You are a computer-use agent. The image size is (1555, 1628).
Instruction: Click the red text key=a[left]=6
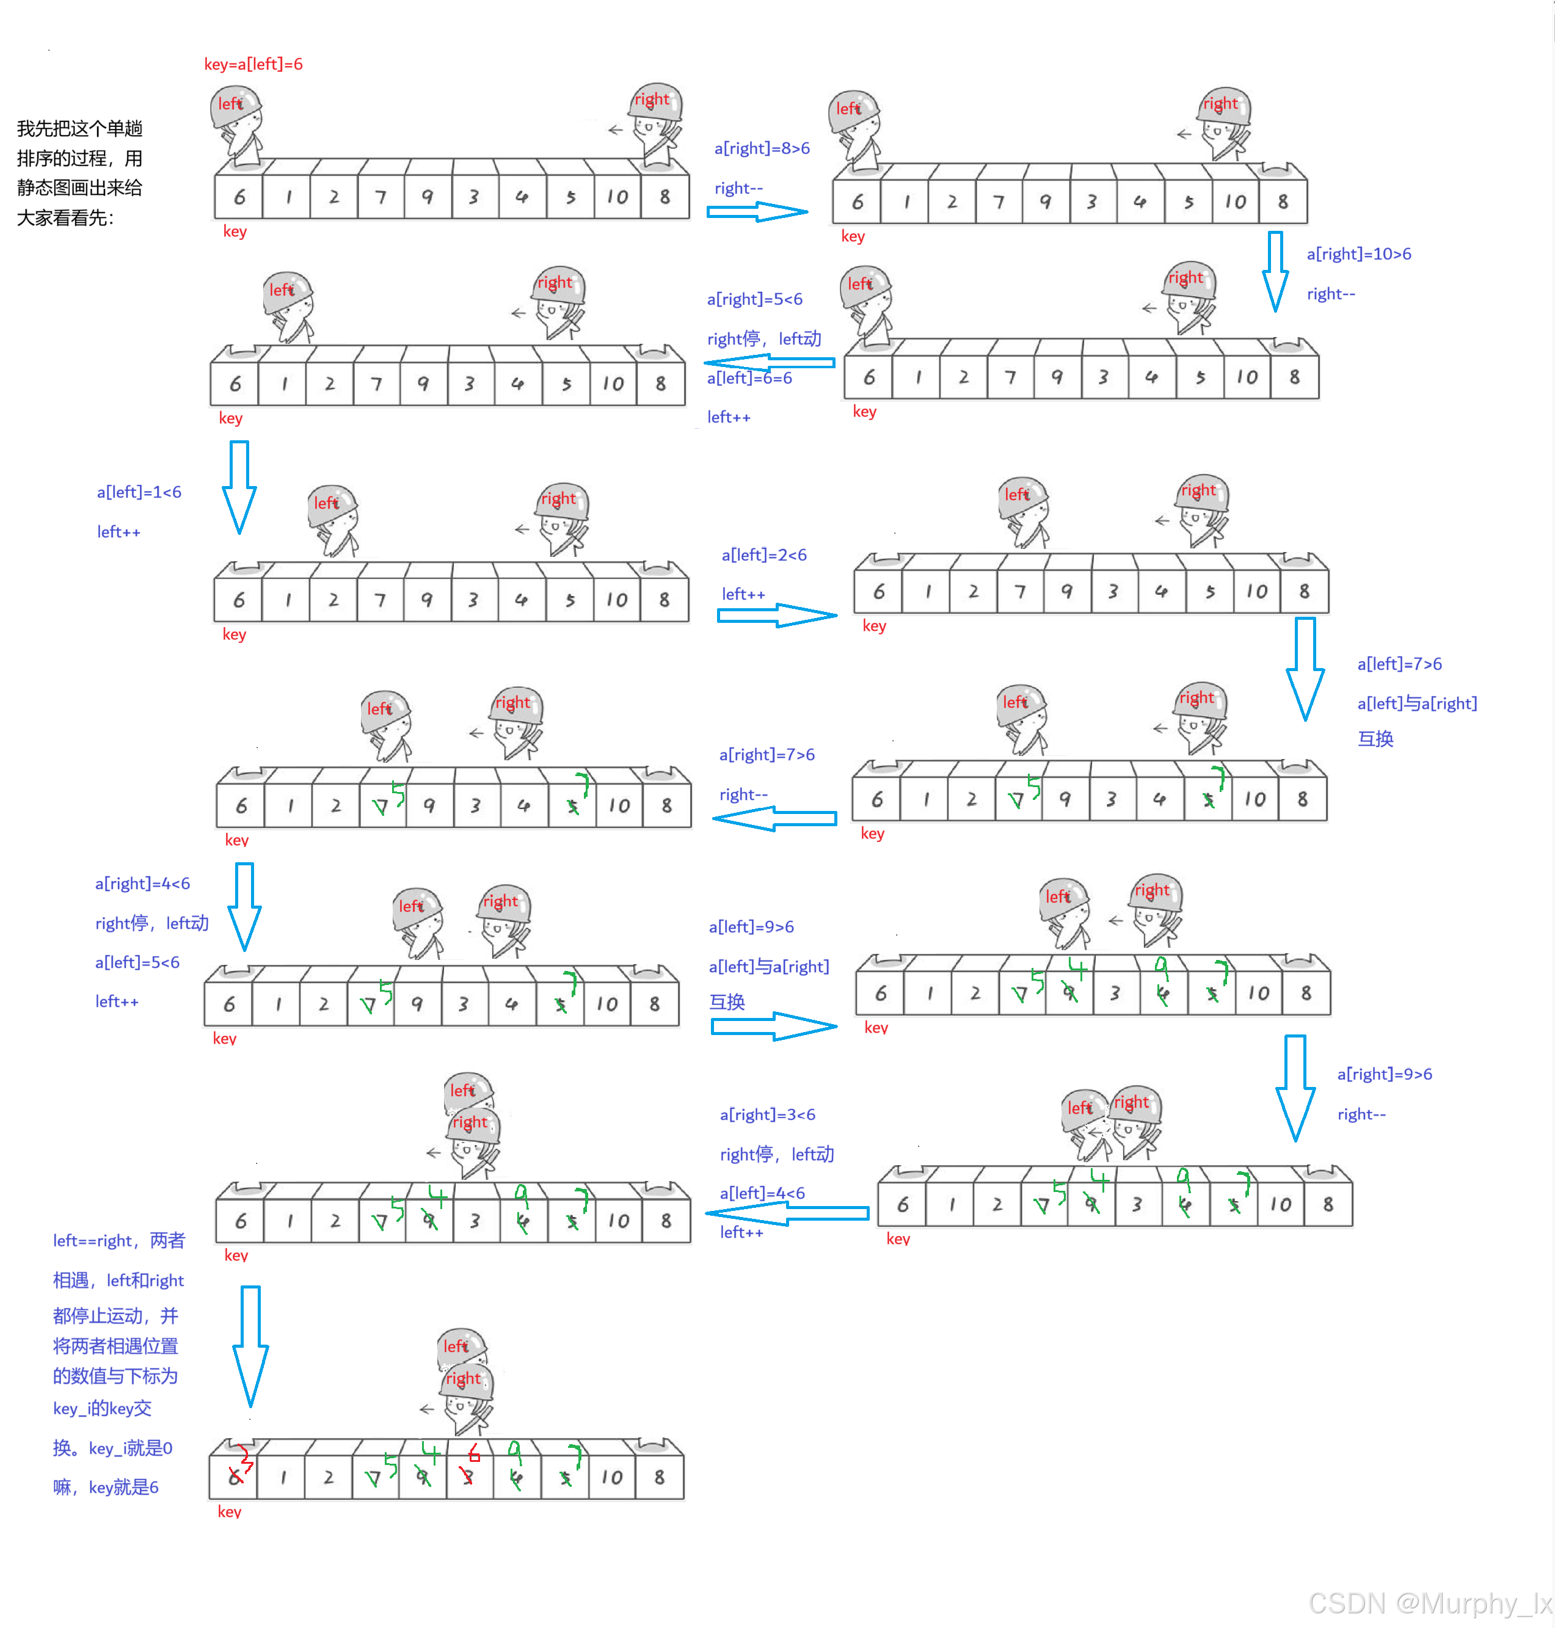point(253,64)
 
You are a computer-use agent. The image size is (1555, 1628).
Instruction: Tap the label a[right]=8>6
point(762,148)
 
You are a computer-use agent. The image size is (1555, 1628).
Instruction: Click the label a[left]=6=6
point(749,378)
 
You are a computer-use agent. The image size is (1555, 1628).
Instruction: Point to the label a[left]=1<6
point(139,492)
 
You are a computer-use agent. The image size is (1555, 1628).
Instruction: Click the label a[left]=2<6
point(763,554)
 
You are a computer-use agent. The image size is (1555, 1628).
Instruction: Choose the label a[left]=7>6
point(1399,663)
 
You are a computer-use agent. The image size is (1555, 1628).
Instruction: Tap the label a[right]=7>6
point(767,754)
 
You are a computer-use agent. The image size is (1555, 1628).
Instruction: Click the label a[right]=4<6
point(142,883)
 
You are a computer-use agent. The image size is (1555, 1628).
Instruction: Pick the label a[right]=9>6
point(1384,1074)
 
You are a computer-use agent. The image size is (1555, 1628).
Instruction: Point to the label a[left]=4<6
point(762,1193)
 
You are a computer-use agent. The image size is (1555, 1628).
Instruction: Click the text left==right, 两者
point(118,1240)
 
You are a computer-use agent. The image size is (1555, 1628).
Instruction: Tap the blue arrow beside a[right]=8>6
point(756,213)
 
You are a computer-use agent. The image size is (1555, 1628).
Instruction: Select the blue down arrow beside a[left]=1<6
point(239,487)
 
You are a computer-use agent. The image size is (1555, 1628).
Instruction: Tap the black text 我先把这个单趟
point(79,128)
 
